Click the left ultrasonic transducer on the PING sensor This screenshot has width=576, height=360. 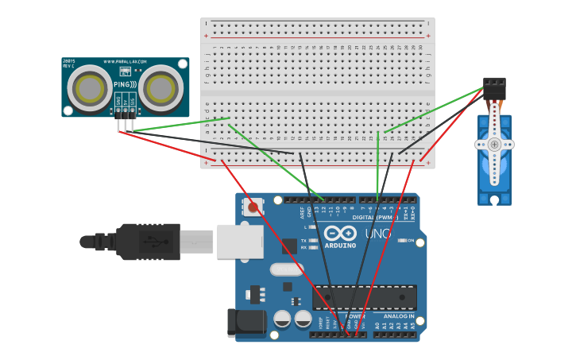click(x=89, y=87)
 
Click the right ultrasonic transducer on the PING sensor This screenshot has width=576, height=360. click(x=162, y=87)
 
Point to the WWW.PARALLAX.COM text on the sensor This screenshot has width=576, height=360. click(x=126, y=61)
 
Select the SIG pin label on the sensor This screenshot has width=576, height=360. click(x=132, y=101)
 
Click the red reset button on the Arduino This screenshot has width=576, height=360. click(x=253, y=207)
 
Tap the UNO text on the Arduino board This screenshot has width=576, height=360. click(x=377, y=234)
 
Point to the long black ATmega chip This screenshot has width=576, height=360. click(x=365, y=297)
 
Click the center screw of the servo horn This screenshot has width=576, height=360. click(x=494, y=145)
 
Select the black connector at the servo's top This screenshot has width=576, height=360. click(x=494, y=87)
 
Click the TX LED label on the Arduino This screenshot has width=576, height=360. click(x=303, y=240)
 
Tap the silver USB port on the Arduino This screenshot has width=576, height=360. click(x=240, y=241)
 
